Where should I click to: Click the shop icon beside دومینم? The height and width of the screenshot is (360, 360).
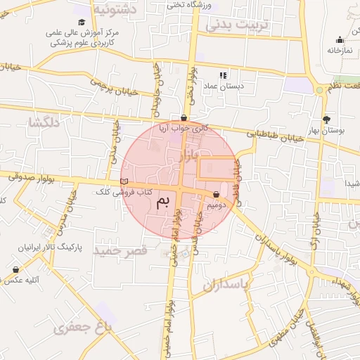coord(216,195)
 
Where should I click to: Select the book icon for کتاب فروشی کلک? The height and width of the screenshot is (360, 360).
coord(125,182)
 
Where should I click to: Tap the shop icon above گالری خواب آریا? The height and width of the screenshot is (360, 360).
coord(184,117)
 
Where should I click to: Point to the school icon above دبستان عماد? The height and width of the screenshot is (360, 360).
coord(223,75)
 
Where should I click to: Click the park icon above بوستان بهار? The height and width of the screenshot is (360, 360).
coord(326,119)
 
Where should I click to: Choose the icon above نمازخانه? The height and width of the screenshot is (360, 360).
coord(340,39)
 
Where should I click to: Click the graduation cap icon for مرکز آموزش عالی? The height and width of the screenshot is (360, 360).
coord(82,22)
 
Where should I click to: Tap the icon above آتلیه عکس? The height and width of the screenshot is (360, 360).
coord(15,269)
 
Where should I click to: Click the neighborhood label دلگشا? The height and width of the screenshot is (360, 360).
coord(44,123)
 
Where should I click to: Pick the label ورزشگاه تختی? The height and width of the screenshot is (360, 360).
coord(186,4)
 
